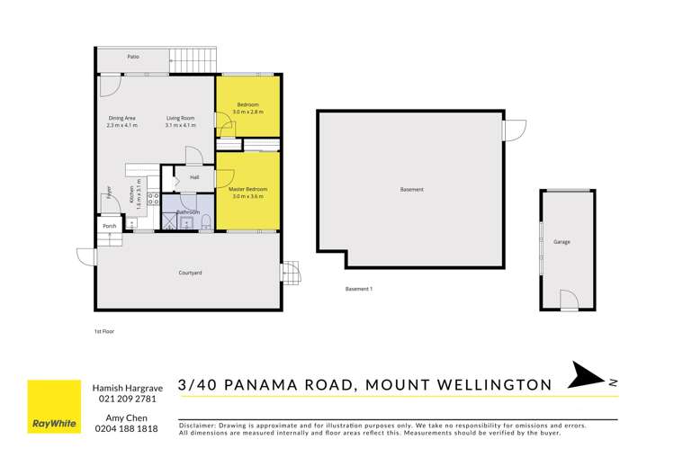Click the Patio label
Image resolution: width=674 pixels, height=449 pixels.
point(132,56)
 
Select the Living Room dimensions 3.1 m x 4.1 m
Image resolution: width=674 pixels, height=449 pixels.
point(180,125)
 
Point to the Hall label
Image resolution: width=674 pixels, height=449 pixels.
point(193,177)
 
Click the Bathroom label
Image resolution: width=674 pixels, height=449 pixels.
point(187,211)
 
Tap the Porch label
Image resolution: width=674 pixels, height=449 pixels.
point(109,226)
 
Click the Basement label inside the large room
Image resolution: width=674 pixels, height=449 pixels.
point(411,190)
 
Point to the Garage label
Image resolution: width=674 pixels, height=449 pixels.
point(562,242)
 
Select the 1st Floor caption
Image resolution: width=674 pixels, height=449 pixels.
point(103,331)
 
